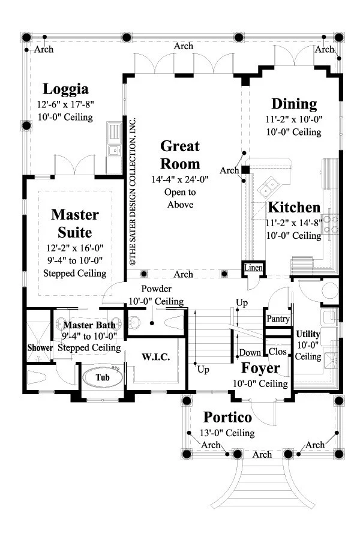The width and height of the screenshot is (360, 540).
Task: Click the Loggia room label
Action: coord(65,89)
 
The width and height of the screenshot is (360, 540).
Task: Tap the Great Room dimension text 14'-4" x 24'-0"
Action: coord(180,179)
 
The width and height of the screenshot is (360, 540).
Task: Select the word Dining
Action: coord(294,104)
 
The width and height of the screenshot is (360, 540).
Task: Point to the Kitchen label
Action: coord(294,208)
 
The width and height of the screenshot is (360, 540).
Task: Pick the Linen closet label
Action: coord(253,268)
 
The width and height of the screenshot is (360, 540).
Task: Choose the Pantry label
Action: coord(278,319)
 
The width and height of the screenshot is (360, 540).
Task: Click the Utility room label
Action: coord(308,334)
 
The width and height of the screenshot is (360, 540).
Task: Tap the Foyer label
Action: coord(260,368)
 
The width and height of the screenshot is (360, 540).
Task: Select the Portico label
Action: coord(227,417)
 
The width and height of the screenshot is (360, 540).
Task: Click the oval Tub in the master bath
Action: coord(103,377)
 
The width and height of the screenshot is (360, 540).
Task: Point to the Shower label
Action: coord(40,348)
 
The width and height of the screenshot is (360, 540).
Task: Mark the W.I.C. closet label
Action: coord(156,357)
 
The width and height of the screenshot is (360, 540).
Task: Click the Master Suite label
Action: coord(75,224)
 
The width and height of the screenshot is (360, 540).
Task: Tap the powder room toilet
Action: coord(175,322)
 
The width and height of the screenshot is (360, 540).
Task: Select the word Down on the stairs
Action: coord(250,353)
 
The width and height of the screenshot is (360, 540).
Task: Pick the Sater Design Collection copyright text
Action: coord(133,191)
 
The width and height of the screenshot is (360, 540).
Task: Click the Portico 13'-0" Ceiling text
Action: coord(227,433)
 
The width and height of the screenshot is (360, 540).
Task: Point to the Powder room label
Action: coord(157,289)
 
